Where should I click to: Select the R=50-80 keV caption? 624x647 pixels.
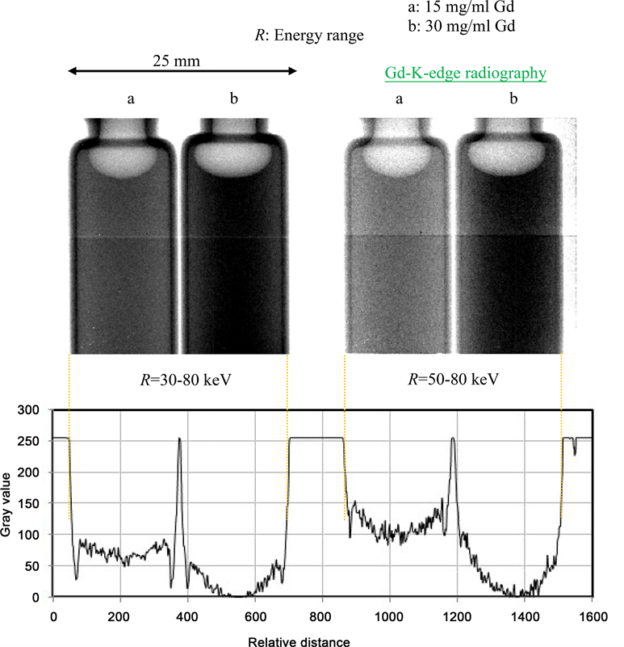pyautogui.click(x=454, y=379)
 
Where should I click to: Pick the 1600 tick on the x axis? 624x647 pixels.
pyautogui.click(x=592, y=614)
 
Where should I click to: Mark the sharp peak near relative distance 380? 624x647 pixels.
pyautogui.click(x=179, y=439)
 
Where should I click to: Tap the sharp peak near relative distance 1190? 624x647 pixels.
pyautogui.click(x=453, y=439)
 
